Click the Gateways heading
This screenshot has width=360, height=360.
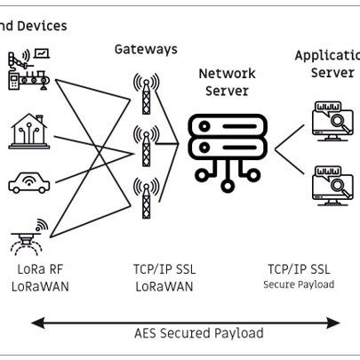(x=145, y=49)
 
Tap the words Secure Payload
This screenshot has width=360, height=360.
(x=299, y=284)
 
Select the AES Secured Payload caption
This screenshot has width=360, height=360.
(x=198, y=333)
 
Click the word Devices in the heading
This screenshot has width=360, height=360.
(x=42, y=26)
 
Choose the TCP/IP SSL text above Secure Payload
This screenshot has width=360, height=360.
(x=300, y=268)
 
